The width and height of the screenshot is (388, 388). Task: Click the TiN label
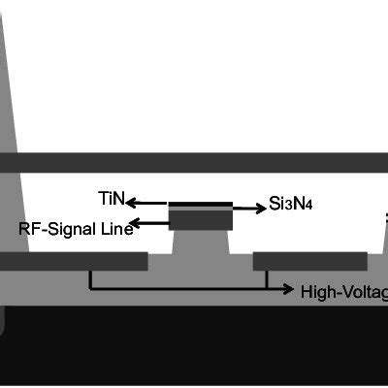(111, 199)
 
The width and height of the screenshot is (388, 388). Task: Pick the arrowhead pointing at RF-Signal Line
(136, 225)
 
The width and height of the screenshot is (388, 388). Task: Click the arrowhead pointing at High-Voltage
(290, 289)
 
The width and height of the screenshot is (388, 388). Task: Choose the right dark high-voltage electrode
(309, 261)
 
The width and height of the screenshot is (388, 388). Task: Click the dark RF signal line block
(201, 221)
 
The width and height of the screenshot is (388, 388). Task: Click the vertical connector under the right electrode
(267, 279)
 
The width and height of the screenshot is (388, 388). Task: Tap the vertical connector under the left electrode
(90, 279)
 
